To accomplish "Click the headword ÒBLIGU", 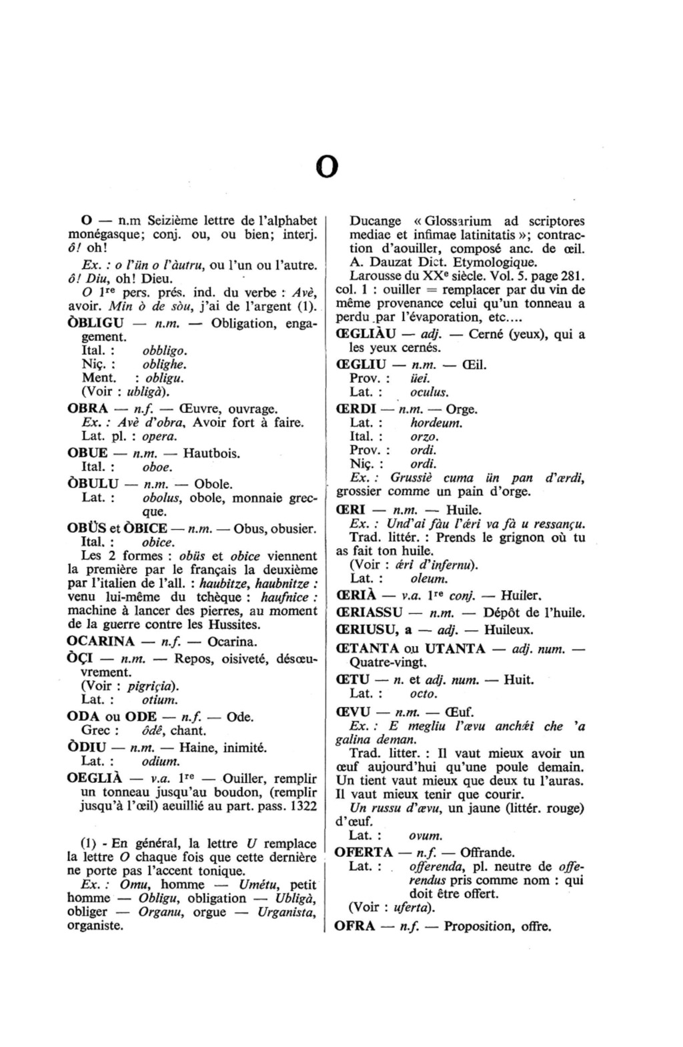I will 95,323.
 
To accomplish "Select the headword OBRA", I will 87,409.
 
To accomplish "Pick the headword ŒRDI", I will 356,409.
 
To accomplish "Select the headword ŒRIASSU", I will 370,612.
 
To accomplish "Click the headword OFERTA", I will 364,852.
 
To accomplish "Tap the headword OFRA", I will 354,926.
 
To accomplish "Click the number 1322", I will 303,806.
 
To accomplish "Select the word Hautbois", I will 211,453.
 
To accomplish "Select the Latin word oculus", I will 429,392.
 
